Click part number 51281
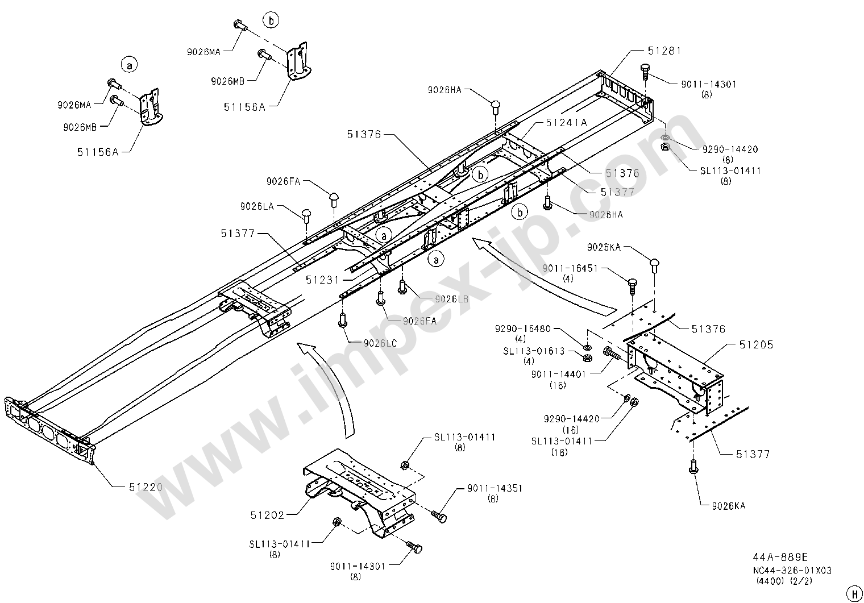[664, 51]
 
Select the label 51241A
[566, 123]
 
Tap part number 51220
[146, 487]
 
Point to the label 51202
[267, 515]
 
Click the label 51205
[757, 344]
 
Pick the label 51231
[322, 280]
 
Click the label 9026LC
[380, 343]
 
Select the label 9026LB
[452, 299]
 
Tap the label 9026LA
[257, 207]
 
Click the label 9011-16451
[570, 268]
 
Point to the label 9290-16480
[522, 329]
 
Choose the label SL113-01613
[534, 351]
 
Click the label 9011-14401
[559, 375]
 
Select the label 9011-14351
[495, 489]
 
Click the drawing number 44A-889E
[780, 557]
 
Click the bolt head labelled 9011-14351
[442, 518]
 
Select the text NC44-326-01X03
[792, 571]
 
